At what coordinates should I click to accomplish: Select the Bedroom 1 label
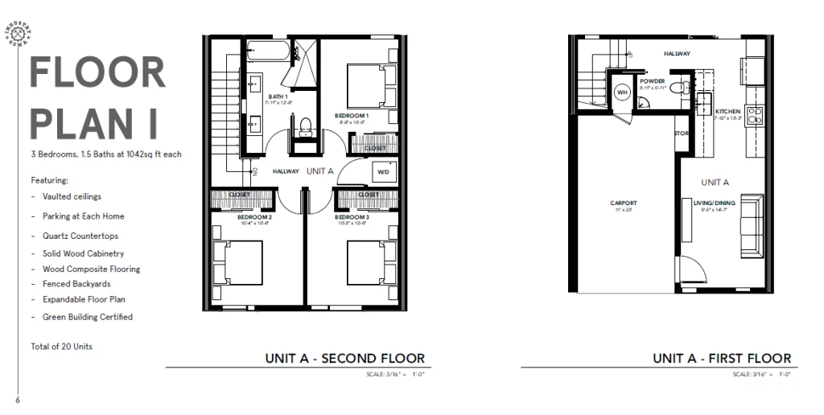pos(352,116)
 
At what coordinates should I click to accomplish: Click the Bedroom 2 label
pos(254,217)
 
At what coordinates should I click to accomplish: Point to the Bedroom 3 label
pos(352,217)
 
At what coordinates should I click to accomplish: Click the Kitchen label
pos(727,112)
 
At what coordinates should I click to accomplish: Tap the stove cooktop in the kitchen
pos(756,115)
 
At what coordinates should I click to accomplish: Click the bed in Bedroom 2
pos(241,265)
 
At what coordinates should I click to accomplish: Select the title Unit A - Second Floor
pos(344,358)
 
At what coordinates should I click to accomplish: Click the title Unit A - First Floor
pos(722,358)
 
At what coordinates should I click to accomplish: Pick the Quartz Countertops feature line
pos(80,236)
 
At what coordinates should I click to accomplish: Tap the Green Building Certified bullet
pos(87,317)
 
